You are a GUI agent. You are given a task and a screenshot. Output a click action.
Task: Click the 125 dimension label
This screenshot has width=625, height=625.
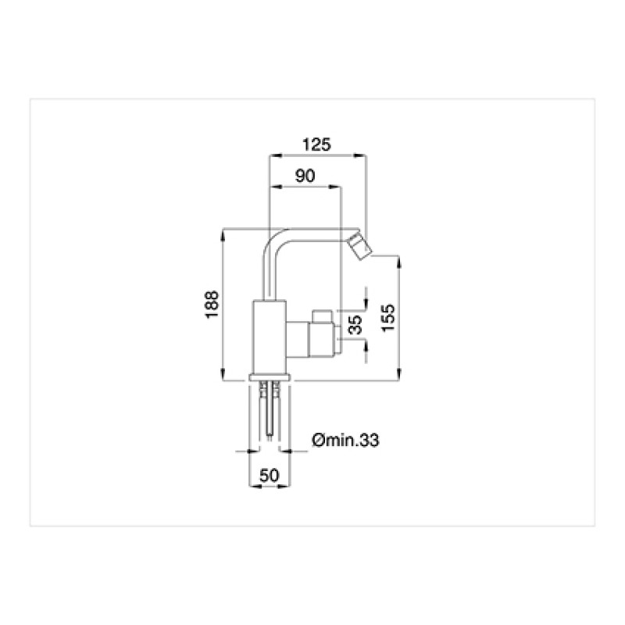click(316, 145)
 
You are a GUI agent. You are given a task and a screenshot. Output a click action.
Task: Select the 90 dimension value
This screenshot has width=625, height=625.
click(305, 175)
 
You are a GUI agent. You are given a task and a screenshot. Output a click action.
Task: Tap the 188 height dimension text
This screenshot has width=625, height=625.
click(212, 304)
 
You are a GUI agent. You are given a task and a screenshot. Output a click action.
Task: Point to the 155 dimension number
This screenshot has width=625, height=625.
click(387, 318)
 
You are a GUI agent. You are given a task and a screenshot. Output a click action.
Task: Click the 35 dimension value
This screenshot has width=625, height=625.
click(355, 324)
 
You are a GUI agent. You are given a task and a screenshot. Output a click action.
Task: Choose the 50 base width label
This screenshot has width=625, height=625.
click(270, 476)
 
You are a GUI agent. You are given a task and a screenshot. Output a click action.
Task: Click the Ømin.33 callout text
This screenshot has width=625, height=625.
click(345, 440)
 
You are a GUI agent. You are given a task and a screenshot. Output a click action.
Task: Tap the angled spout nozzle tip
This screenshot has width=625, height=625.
click(359, 247)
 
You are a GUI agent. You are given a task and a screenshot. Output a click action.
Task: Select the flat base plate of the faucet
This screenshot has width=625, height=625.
click(270, 377)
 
